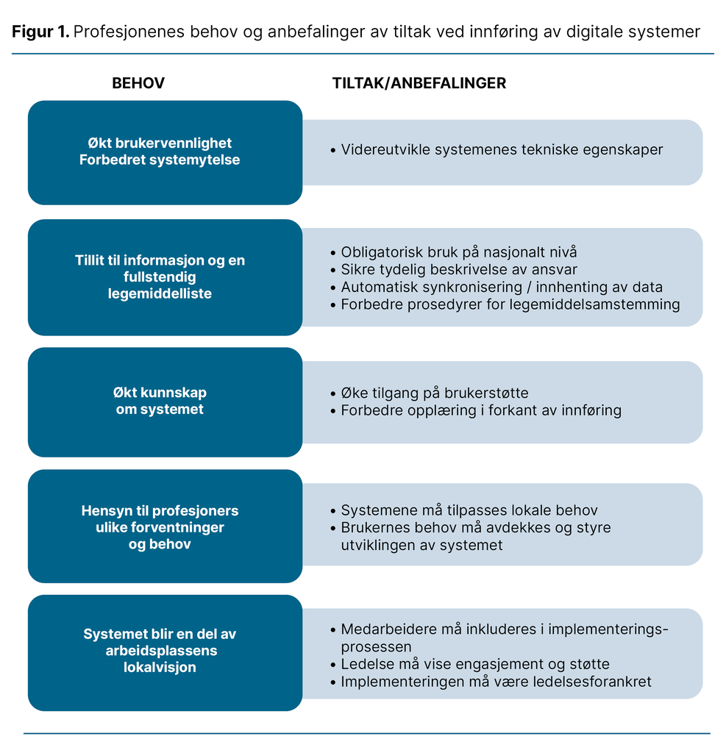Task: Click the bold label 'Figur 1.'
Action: point(40,32)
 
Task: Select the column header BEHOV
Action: point(138,83)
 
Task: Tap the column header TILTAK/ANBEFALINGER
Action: point(419,83)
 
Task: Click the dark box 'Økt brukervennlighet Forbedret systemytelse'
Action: point(165,151)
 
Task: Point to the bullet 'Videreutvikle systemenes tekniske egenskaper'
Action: point(502,150)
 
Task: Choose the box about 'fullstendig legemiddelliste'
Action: point(165,277)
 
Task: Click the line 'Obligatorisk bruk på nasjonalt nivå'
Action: point(459,251)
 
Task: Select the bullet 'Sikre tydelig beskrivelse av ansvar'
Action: point(459,269)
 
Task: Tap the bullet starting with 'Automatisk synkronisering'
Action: point(502,287)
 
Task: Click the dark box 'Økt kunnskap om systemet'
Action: point(165,402)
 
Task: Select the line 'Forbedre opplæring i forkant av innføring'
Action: point(481,410)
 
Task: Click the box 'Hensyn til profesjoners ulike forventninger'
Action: point(165,527)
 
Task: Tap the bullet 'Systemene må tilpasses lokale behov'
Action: point(469,510)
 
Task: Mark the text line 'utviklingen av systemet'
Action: point(421,546)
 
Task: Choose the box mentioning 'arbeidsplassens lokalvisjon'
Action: point(165,652)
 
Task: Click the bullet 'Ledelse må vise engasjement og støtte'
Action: point(474,664)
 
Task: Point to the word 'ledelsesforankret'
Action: point(596,682)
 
